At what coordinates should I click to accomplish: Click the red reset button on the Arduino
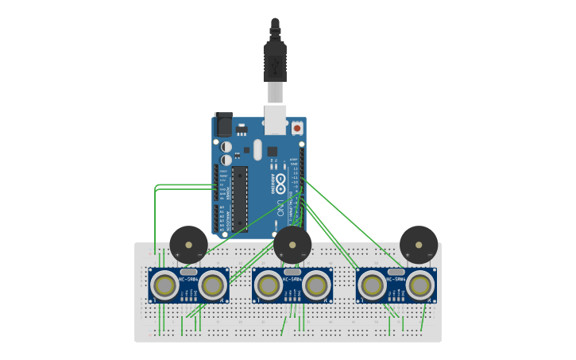click(297, 127)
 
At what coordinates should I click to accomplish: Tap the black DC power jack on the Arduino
click(223, 124)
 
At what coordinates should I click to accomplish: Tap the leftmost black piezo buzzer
click(188, 244)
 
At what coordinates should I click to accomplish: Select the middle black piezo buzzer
click(292, 244)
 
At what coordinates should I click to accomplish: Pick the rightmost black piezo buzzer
click(419, 244)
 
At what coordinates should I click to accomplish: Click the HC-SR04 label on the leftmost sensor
click(188, 279)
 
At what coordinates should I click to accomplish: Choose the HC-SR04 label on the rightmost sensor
click(396, 279)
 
